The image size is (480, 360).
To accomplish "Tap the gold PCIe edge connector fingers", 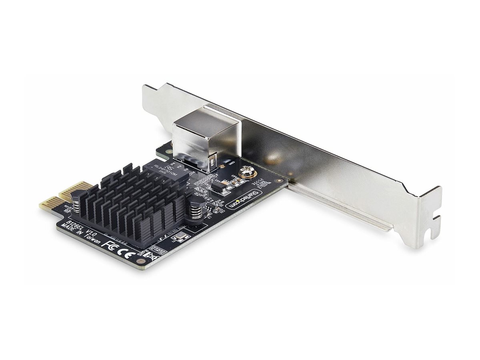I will pos(60,198).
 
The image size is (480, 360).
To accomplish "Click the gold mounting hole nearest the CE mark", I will pos(140,260).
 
